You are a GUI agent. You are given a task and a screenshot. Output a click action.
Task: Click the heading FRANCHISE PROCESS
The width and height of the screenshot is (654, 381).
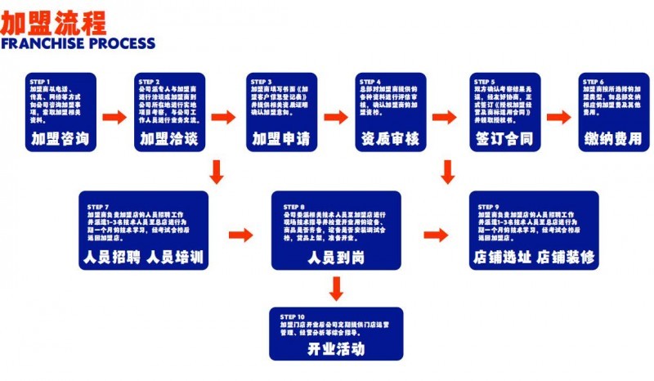78,43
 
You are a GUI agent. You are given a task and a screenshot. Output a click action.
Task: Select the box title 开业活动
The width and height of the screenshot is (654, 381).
336,347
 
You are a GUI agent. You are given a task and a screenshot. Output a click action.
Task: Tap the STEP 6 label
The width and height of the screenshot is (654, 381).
594,82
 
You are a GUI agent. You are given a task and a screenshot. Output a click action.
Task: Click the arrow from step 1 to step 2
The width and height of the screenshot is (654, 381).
114,118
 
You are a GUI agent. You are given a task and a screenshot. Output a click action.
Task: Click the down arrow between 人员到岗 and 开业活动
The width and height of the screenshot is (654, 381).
336,289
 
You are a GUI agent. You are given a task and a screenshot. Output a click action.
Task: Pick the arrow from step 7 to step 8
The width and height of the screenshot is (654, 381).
240,235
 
